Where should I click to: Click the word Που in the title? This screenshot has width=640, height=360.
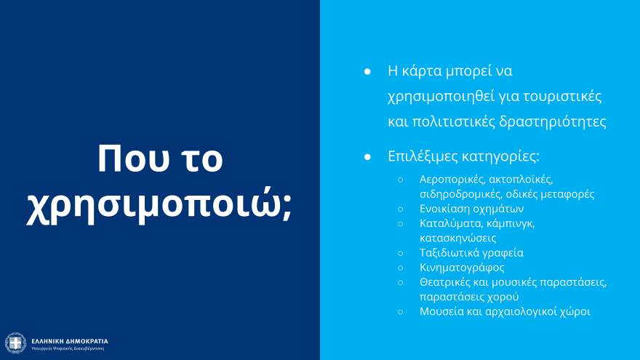coord(128,158)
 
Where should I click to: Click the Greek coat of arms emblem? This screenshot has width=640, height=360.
coord(15,343)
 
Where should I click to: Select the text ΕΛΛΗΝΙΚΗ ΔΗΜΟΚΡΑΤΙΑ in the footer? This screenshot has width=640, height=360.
coord(70,340)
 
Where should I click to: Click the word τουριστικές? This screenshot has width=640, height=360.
coord(562,96)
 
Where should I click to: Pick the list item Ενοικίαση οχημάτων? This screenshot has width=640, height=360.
coord(471,209)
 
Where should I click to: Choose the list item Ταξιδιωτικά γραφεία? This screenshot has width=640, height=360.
coord(471,253)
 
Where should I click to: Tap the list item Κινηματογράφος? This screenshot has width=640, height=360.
coord(462,268)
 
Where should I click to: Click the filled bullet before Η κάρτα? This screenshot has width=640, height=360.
coord(368,72)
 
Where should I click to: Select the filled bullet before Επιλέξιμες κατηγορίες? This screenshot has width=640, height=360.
coord(368,157)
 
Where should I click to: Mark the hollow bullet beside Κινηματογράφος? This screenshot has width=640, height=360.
coord(400,268)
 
